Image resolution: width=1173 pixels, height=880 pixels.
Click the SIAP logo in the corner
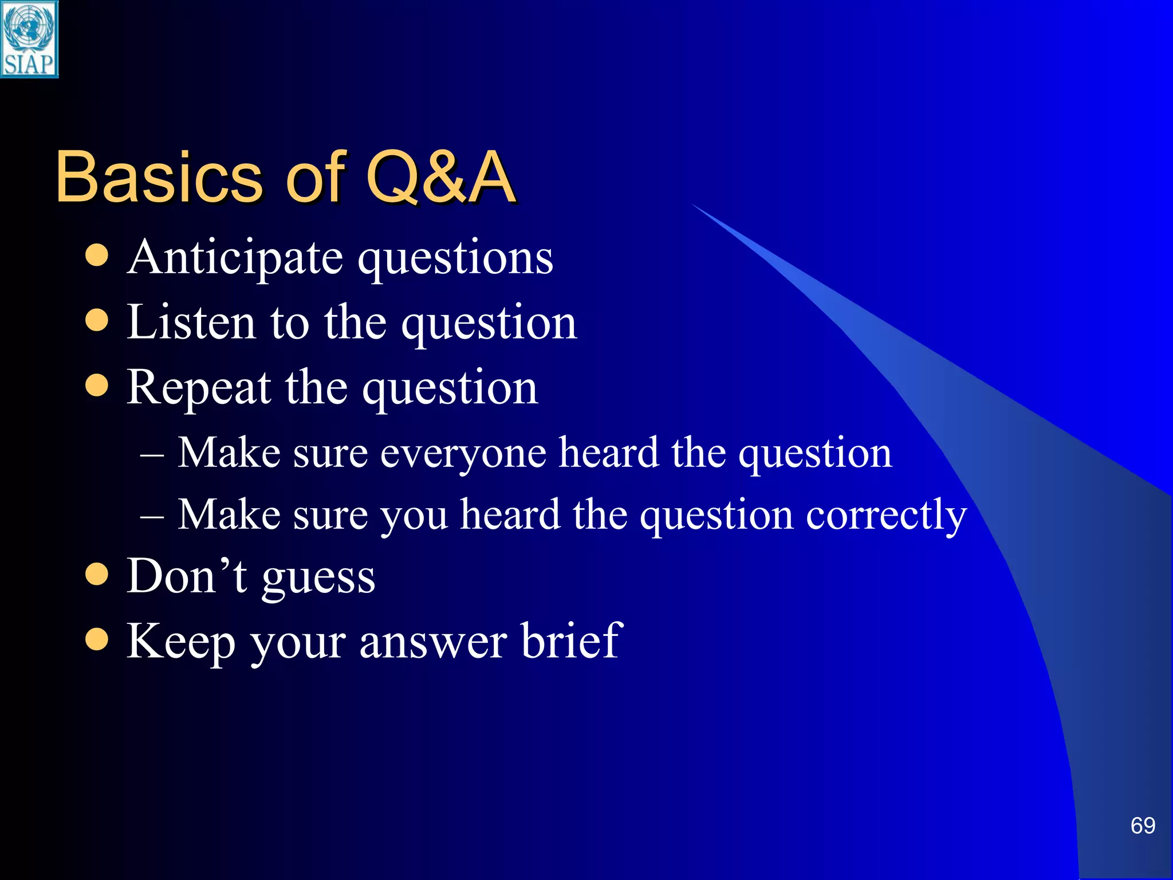(x=29, y=39)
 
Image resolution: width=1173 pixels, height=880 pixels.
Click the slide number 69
(x=1143, y=826)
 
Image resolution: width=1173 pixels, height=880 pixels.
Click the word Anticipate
(x=235, y=258)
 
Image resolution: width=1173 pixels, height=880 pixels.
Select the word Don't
(x=186, y=576)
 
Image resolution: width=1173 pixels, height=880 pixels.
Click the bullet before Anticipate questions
(x=97, y=256)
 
